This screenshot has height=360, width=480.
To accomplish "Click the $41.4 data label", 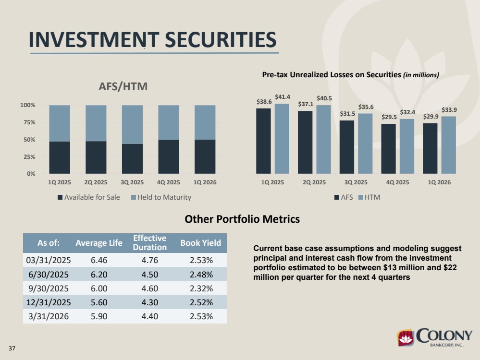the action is pos(282,97).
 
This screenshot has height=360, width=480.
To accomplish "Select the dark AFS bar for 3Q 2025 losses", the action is pos(347,147).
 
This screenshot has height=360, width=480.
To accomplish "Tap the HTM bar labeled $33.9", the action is pos(448,145).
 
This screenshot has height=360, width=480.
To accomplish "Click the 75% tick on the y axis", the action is pos(28,122).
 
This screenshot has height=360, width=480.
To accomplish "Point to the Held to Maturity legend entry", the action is pos(161,197).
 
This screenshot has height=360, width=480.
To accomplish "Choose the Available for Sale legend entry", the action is pos(89,197).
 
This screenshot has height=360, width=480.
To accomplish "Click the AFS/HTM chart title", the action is pos(123,86).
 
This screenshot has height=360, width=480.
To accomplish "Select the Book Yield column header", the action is pos(200,243).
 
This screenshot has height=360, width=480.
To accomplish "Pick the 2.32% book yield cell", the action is pos(201,288).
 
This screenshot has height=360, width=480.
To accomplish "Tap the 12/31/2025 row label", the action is pos(49,302).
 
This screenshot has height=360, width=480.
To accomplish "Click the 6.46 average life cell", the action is pos(99,260).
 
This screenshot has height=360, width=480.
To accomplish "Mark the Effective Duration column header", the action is pos(150,242).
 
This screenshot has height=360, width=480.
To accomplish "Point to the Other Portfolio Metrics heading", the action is pos(242,219).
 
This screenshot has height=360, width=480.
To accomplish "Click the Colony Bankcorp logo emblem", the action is pos(406,338).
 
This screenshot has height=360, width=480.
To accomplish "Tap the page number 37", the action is pos(12,348).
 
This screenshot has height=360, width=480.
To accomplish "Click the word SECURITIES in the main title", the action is pos(221,40).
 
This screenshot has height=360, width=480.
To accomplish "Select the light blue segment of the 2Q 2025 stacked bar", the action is pos(96,123).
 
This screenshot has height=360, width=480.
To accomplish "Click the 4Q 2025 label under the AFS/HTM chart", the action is pos(168,182).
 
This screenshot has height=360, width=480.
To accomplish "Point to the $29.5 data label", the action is pos(389,117).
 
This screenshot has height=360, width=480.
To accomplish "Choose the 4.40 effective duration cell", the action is pos(150,316).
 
